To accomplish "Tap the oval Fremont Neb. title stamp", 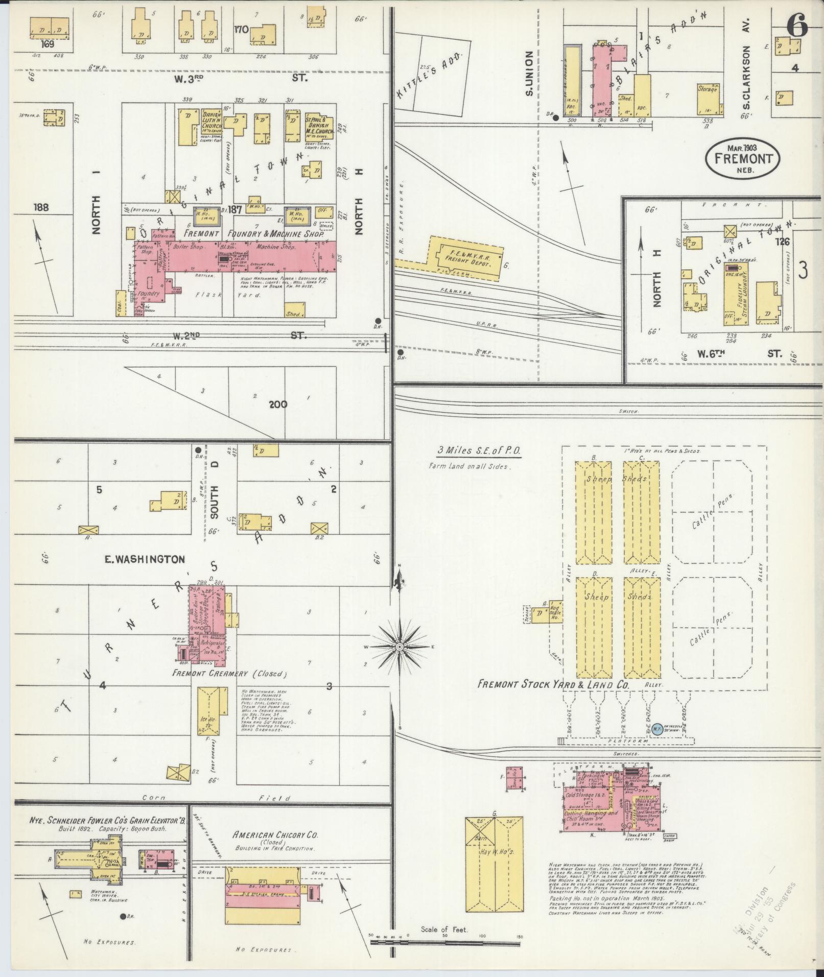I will [x=743, y=158].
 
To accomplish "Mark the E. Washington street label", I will [x=145, y=560].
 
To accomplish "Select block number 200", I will [x=278, y=404].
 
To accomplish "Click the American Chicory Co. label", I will [x=275, y=836].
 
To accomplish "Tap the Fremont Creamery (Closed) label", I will [x=230, y=674].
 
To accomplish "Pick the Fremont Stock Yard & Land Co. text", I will [x=553, y=684].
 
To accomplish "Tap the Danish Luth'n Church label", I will [x=211, y=120].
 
